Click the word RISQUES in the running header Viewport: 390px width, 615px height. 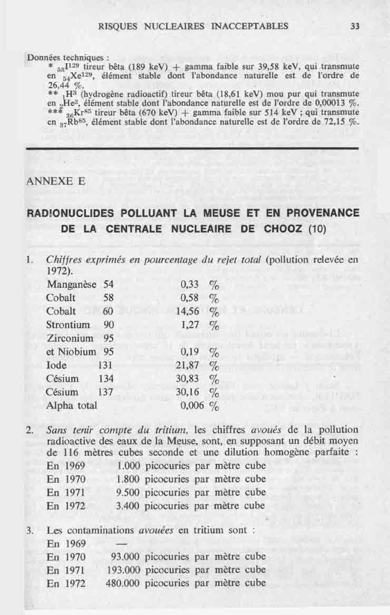[x=118, y=26]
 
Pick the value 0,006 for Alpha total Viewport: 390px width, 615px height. [x=188, y=406]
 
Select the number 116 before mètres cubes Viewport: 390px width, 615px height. [x=70, y=453]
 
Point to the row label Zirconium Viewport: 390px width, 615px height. [x=70, y=338]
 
